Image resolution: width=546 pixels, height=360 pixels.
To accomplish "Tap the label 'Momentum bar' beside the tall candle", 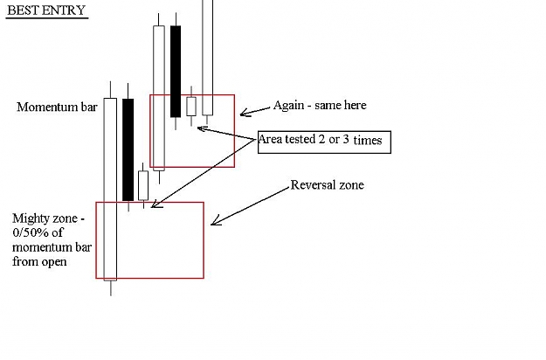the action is [x=57, y=107].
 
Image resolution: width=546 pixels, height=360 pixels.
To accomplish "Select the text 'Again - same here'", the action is [x=320, y=105].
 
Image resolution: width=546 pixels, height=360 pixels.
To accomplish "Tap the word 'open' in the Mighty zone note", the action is [x=54, y=262].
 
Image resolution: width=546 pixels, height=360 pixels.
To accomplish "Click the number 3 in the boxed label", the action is [x=346, y=139].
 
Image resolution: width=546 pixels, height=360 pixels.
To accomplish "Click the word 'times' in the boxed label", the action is [x=368, y=140].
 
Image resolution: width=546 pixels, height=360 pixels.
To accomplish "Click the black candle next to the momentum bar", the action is [x=128, y=149].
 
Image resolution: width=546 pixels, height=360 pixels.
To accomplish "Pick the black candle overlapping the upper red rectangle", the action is [x=176, y=72].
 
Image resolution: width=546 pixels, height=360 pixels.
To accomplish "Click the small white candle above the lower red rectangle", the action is [x=143, y=185].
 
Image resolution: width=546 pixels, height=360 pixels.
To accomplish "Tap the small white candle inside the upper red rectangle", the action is [x=191, y=107].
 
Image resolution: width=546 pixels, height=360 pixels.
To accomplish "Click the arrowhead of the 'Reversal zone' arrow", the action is [x=211, y=225].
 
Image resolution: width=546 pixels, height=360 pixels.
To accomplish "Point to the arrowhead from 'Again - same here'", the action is [x=241, y=114].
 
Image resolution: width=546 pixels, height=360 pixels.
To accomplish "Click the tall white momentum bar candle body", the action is [x=110, y=189].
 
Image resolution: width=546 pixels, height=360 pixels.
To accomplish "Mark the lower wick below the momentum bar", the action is [x=111, y=288].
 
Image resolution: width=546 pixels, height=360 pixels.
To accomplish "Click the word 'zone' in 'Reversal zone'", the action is [x=352, y=184].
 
